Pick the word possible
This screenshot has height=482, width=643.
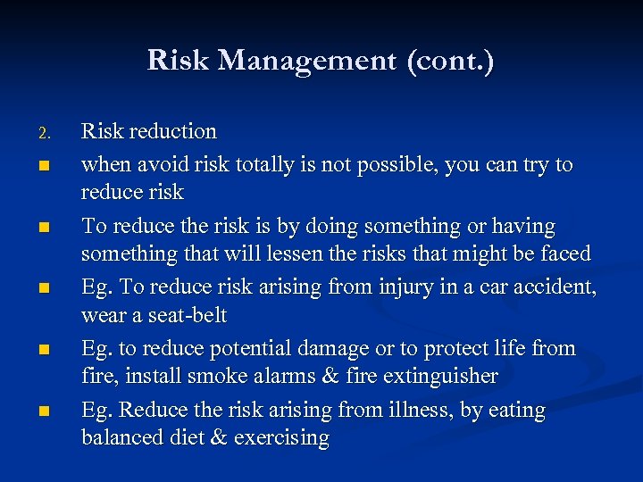click(407, 165)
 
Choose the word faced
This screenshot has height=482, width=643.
click(565, 253)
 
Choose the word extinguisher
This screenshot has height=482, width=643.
click(440, 377)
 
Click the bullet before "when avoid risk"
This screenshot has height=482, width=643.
click(43, 166)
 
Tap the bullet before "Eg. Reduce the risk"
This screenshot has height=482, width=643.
click(43, 411)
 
